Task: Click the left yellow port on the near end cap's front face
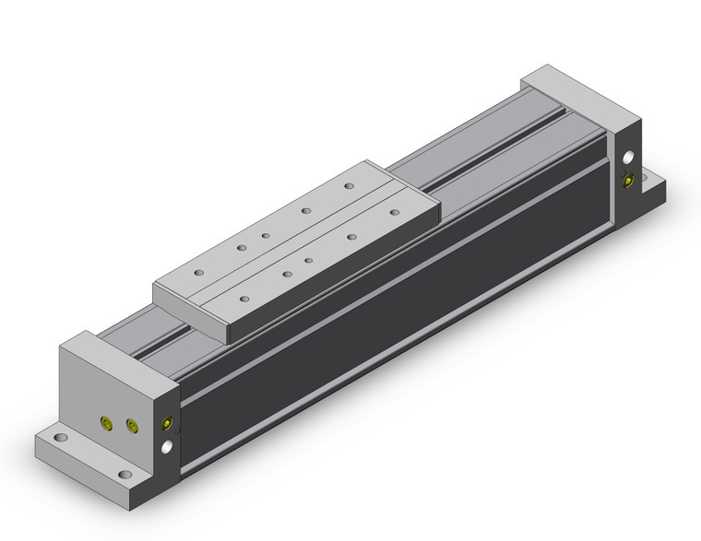click(x=105, y=423)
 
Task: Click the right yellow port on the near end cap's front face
click(x=130, y=425)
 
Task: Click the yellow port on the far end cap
click(x=629, y=180)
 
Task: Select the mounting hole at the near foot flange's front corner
click(x=124, y=477)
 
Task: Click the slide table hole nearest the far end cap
click(x=350, y=186)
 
